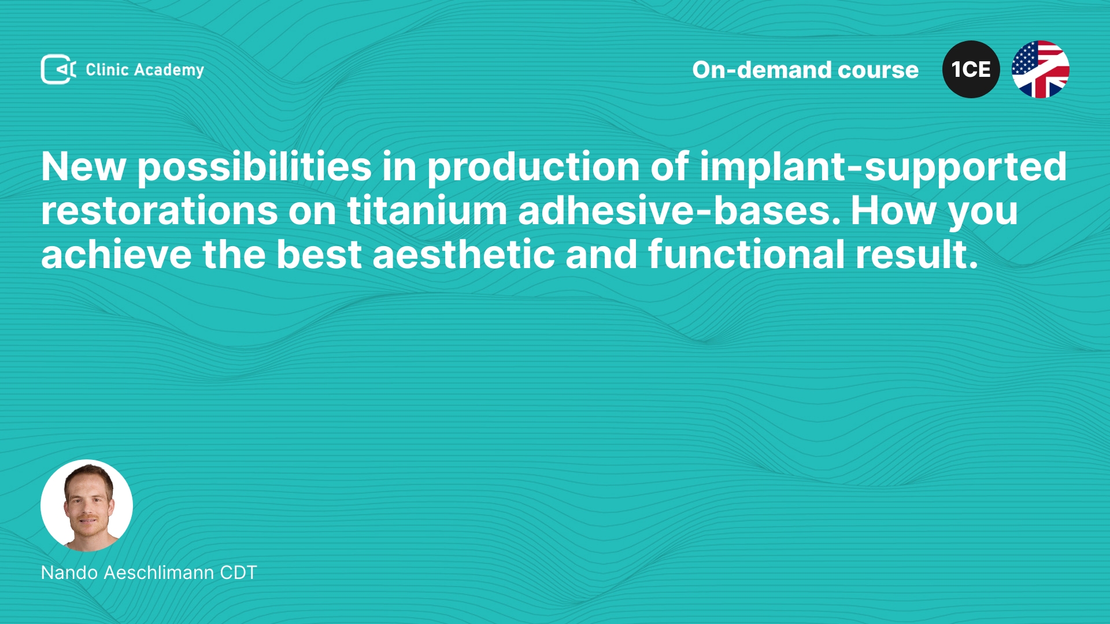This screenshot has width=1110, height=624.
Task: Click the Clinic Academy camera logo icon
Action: [x=58, y=69]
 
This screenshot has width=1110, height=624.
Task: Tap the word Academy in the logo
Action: [x=169, y=70]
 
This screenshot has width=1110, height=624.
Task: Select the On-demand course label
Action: [x=805, y=70]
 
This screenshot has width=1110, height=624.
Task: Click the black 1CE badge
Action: [x=971, y=69]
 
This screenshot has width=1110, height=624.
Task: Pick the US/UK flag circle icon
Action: [x=1041, y=69]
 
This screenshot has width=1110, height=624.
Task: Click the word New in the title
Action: [x=84, y=167]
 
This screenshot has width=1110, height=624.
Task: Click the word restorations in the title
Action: [x=160, y=211]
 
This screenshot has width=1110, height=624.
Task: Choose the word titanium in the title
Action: [x=427, y=210]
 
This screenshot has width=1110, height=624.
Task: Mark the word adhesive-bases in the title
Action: [x=679, y=210]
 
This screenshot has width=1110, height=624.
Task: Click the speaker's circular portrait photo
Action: [x=87, y=506]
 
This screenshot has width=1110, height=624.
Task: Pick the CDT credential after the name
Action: [x=238, y=573]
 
